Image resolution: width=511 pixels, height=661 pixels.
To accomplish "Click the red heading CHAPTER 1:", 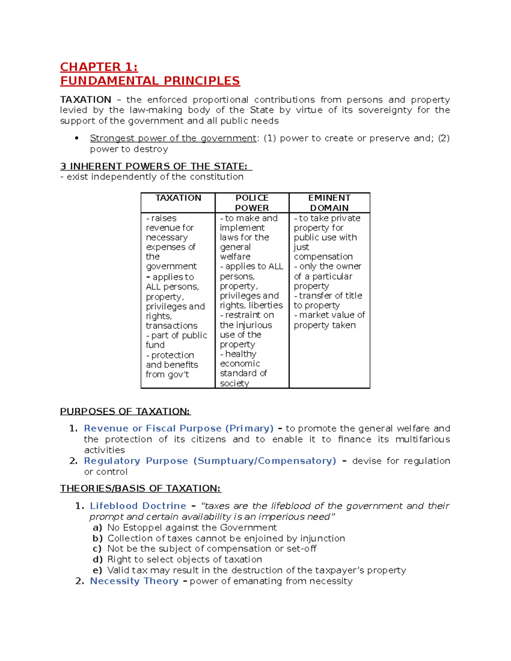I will pos(99,67).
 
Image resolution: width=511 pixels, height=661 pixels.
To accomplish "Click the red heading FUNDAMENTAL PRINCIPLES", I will pos(150,81).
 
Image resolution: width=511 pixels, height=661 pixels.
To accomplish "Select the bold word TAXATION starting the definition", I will pos(86,100).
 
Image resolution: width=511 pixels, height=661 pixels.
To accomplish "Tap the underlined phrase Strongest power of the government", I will pos(173,138).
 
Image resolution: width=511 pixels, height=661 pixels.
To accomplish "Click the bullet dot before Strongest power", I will pos(77,138).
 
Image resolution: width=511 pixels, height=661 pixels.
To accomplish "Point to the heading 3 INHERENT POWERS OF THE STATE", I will pos(156,166).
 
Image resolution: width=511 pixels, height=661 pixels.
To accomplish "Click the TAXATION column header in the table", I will pos(178,198).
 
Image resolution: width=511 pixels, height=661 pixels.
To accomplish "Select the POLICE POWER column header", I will pos(252,203).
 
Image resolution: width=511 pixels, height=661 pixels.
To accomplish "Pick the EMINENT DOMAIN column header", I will pos(329,203).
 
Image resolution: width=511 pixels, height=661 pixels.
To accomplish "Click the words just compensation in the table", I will pos(323,252).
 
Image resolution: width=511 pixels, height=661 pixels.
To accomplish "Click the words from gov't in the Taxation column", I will pos(167,375).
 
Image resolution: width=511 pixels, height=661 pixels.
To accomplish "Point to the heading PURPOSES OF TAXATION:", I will pos(125,412).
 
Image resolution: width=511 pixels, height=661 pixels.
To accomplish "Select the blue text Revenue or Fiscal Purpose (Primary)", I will pos(178,429).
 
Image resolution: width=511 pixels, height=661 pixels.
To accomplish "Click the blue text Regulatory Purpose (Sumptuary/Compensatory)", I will pos(210,461).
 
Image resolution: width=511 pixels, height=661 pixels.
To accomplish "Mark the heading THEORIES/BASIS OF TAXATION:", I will pos(141,489).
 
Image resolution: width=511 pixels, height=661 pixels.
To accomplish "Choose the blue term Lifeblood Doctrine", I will pos(138,506).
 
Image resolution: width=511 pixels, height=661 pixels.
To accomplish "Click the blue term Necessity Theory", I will pos(134,581).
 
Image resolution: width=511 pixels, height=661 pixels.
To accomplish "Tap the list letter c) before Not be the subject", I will pos(98,549).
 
